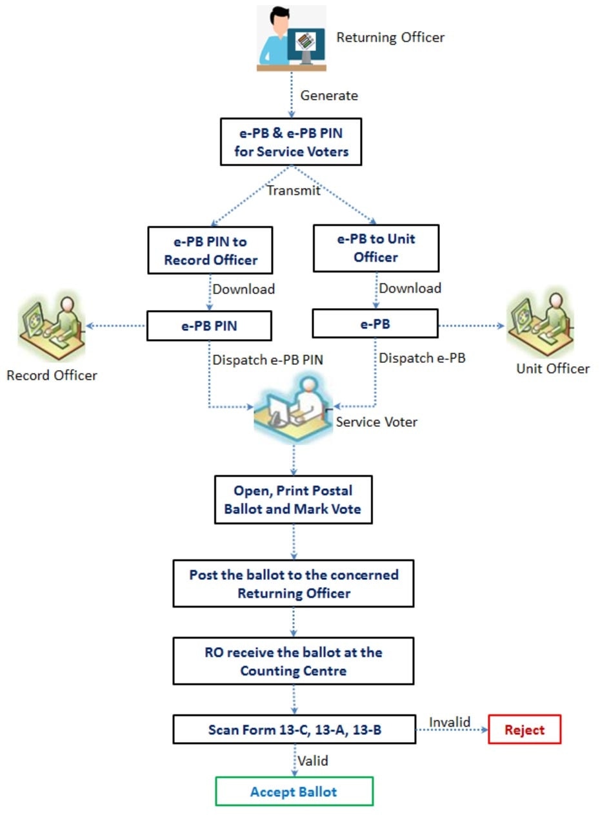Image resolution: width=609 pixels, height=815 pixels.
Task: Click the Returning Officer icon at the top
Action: coord(292,37)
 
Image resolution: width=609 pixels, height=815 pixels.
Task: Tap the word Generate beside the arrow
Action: coord(329,96)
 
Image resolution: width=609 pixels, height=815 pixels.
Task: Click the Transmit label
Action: coord(294,191)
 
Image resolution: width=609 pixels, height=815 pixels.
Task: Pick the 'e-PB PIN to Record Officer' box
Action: coord(211,251)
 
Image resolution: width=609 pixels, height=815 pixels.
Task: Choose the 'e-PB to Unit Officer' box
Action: coord(376,248)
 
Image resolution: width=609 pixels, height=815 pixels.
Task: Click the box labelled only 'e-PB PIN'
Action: coord(208,326)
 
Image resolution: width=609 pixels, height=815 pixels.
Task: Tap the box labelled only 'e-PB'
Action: coord(375,324)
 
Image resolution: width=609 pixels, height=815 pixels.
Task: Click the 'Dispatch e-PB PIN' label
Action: coord(268,360)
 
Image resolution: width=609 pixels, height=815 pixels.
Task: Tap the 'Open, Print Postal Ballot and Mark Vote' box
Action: coord(293,500)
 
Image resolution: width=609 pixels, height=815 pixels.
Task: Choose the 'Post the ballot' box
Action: coord(293,584)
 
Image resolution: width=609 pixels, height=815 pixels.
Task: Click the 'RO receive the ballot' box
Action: coord(293,661)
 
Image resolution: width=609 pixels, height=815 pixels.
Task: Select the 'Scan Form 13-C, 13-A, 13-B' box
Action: coord(293,730)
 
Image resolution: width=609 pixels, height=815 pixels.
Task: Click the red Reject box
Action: coord(524,730)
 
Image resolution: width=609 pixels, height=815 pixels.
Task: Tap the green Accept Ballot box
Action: coord(294,792)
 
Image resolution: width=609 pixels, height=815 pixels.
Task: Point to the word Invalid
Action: coord(450,721)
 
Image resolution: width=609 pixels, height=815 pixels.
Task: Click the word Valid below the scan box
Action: coord(313,761)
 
